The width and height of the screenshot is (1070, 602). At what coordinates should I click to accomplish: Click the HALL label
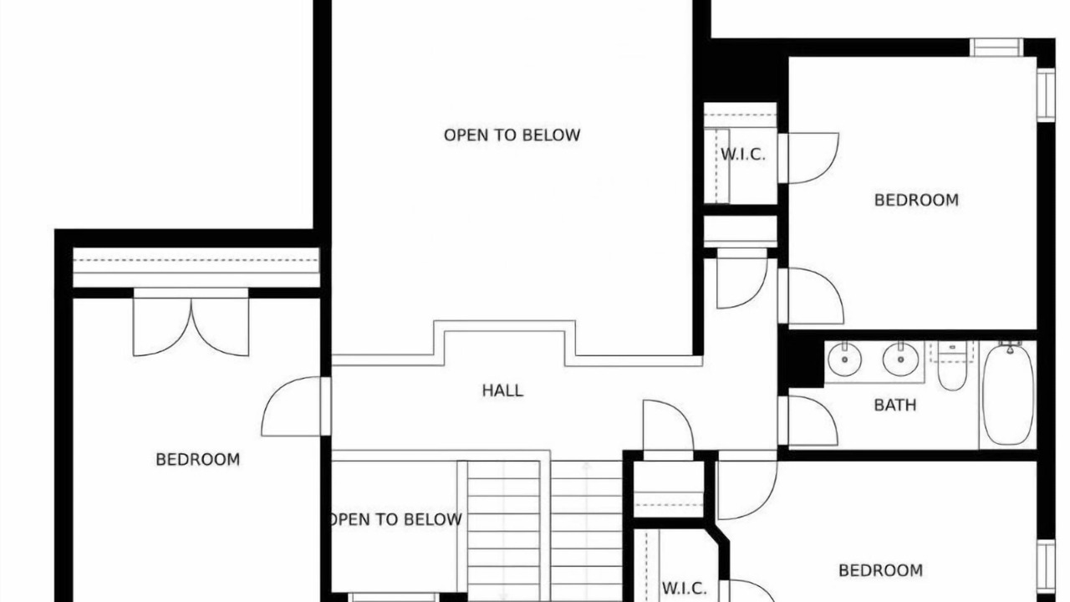coord(502,390)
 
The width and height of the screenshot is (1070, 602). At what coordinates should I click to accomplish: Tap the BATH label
coord(895,406)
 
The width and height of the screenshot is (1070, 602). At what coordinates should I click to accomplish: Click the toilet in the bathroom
coord(952,366)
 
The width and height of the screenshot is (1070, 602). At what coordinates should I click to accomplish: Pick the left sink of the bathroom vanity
coord(844,360)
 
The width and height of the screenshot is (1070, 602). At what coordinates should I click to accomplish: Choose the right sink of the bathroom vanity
coord(900,360)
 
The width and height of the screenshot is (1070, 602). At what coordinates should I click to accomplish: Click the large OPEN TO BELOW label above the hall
coord(512,135)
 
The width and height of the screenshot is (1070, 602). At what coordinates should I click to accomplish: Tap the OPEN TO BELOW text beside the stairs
coord(395,519)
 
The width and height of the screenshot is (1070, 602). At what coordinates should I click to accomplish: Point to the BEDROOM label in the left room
coord(198,460)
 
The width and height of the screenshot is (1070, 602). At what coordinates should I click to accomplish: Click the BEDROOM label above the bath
coord(916,200)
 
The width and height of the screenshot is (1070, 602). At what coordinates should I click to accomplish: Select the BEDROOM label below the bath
coord(880,570)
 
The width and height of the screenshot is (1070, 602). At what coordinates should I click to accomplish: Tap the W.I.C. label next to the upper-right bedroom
coord(743,155)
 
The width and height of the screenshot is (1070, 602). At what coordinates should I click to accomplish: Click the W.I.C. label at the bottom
coord(684,589)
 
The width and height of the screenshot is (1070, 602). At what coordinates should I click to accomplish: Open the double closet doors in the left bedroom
coord(191,323)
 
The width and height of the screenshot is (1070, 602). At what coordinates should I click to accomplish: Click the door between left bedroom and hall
coord(296,406)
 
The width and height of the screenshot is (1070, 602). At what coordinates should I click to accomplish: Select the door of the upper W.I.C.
coord(808,158)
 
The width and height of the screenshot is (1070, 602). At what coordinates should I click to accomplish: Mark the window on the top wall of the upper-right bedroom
coord(996,48)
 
